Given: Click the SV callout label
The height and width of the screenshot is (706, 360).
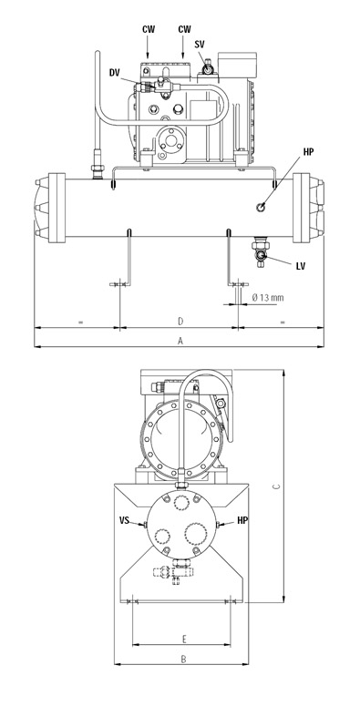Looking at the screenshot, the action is [201, 44].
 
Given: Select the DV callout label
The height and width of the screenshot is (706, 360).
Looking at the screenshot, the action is [115, 73].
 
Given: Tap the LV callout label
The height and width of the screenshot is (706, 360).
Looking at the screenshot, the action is [301, 266].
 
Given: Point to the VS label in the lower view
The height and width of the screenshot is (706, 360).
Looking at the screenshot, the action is [124, 520].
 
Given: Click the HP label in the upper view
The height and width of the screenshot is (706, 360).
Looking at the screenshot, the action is [308, 152].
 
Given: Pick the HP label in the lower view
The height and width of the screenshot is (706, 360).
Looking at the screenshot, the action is [242, 520].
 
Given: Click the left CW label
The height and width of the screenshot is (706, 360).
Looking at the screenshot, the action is [149, 29].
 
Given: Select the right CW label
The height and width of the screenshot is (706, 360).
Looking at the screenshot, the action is [184, 29].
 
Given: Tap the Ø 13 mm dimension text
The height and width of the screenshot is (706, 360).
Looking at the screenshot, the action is [268, 298].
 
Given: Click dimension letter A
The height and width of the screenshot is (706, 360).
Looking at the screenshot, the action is [180, 342].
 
